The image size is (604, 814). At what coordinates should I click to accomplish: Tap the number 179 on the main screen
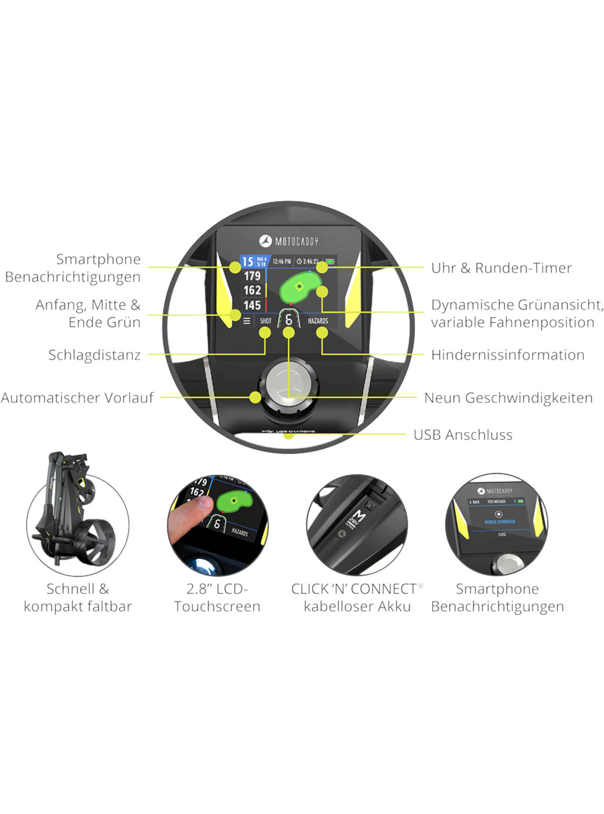coord(252,276)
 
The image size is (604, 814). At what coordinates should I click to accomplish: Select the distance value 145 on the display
coord(252,305)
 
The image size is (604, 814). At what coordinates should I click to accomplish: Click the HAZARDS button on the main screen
coord(318,321)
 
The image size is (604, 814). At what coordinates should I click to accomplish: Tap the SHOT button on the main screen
coord(266,321)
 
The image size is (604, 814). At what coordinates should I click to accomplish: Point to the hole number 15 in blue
coord(248,262)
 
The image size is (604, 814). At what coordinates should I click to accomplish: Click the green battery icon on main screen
coord(330,261)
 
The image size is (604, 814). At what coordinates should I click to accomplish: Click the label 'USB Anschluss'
coord(463,435)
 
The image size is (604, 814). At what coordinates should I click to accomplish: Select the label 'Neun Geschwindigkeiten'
coord(508,398)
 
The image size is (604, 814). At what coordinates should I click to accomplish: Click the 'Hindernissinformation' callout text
coord(507,355)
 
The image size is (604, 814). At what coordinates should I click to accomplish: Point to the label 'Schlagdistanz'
coord(94,355)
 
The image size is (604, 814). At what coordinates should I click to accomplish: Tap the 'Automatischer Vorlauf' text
coord(77,398)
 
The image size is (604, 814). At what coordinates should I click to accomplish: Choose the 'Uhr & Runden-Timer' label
coord(501,268)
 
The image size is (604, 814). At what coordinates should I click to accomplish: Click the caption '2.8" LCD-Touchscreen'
coord(217,597)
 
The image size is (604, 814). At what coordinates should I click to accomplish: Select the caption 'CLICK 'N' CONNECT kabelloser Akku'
coord(357,597)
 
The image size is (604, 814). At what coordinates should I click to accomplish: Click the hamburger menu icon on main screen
coord(247,321)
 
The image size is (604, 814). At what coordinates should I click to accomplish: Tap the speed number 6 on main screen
coord(289,320)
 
